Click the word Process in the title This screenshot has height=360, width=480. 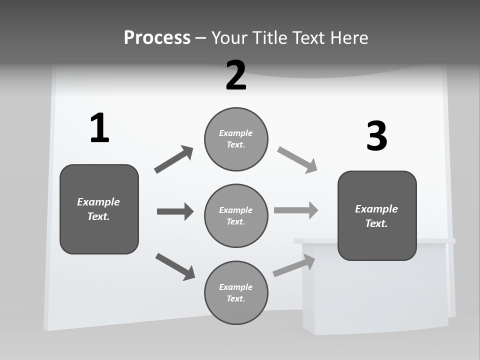[157, 37]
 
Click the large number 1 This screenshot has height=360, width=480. [99, 128]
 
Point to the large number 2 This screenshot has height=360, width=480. [236, 75]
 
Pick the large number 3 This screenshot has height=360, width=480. [376, 136]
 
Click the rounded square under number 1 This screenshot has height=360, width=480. [99, 209]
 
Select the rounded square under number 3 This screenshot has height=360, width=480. [377, 216]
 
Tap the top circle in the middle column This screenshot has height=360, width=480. [236, 139]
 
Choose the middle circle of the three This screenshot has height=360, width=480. [236, 215]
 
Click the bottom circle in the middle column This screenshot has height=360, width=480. [236, 292]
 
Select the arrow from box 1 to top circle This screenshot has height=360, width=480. [173, 160]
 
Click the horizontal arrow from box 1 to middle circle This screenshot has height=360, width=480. [175, 211]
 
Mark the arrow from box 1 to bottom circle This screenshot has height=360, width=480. [175, 266]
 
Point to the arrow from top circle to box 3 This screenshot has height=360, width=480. [297, 160]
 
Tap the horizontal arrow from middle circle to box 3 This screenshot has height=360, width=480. [295, 210]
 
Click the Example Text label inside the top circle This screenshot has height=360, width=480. [236, 139]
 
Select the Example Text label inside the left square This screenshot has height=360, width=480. [98, 209]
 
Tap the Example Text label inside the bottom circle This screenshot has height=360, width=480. [236, 292]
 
